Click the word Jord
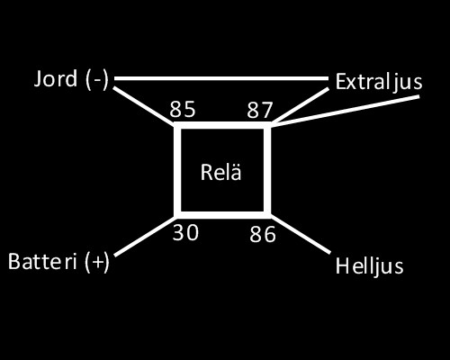56,78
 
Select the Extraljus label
379,82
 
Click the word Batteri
42,261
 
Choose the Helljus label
369,266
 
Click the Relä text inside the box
220,173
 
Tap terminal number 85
183,109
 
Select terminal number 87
260,110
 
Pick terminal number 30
185,232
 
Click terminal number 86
263,234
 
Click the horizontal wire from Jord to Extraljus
221,78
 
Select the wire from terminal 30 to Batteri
145,236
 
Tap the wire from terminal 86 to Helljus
301,234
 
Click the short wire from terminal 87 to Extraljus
301,105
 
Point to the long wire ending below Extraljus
346,110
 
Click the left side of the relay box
177,170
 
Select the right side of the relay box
267,170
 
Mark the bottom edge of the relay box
222,215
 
